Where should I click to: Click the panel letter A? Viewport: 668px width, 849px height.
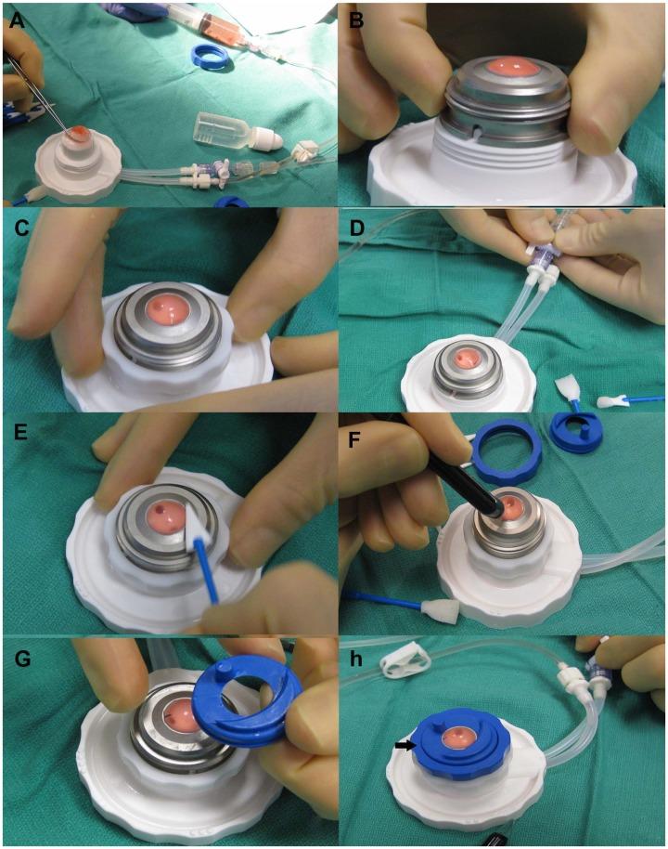(x=17, y=21)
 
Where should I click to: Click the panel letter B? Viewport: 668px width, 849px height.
(x=357, y=21)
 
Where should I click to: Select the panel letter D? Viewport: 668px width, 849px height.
(x=357, y=229)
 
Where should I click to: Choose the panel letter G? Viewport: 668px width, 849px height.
(x=21, y=660)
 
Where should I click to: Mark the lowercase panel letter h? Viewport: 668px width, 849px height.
(x=356, y=660)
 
